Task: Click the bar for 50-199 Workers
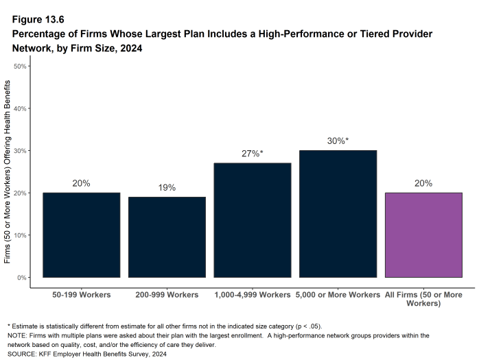click(81, 235)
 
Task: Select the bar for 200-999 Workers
click(167, 237)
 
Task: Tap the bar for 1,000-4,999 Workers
click(253, 220)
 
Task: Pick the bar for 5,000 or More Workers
click(338, 214)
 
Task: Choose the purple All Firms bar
click(423, 235)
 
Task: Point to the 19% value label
click(167, 187)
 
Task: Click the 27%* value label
click(253, 154)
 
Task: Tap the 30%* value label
click(338, 141)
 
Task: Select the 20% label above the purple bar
click(423, 183)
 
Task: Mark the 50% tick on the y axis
click(20, 66)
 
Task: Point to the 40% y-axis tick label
click(20, 108)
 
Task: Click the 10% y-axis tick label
click(20, 235)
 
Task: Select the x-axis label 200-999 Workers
click(167, 295)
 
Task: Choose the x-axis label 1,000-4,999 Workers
click(253, 295)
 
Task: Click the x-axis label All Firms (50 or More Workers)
click(423, 299)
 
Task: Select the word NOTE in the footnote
click(18, 335)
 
